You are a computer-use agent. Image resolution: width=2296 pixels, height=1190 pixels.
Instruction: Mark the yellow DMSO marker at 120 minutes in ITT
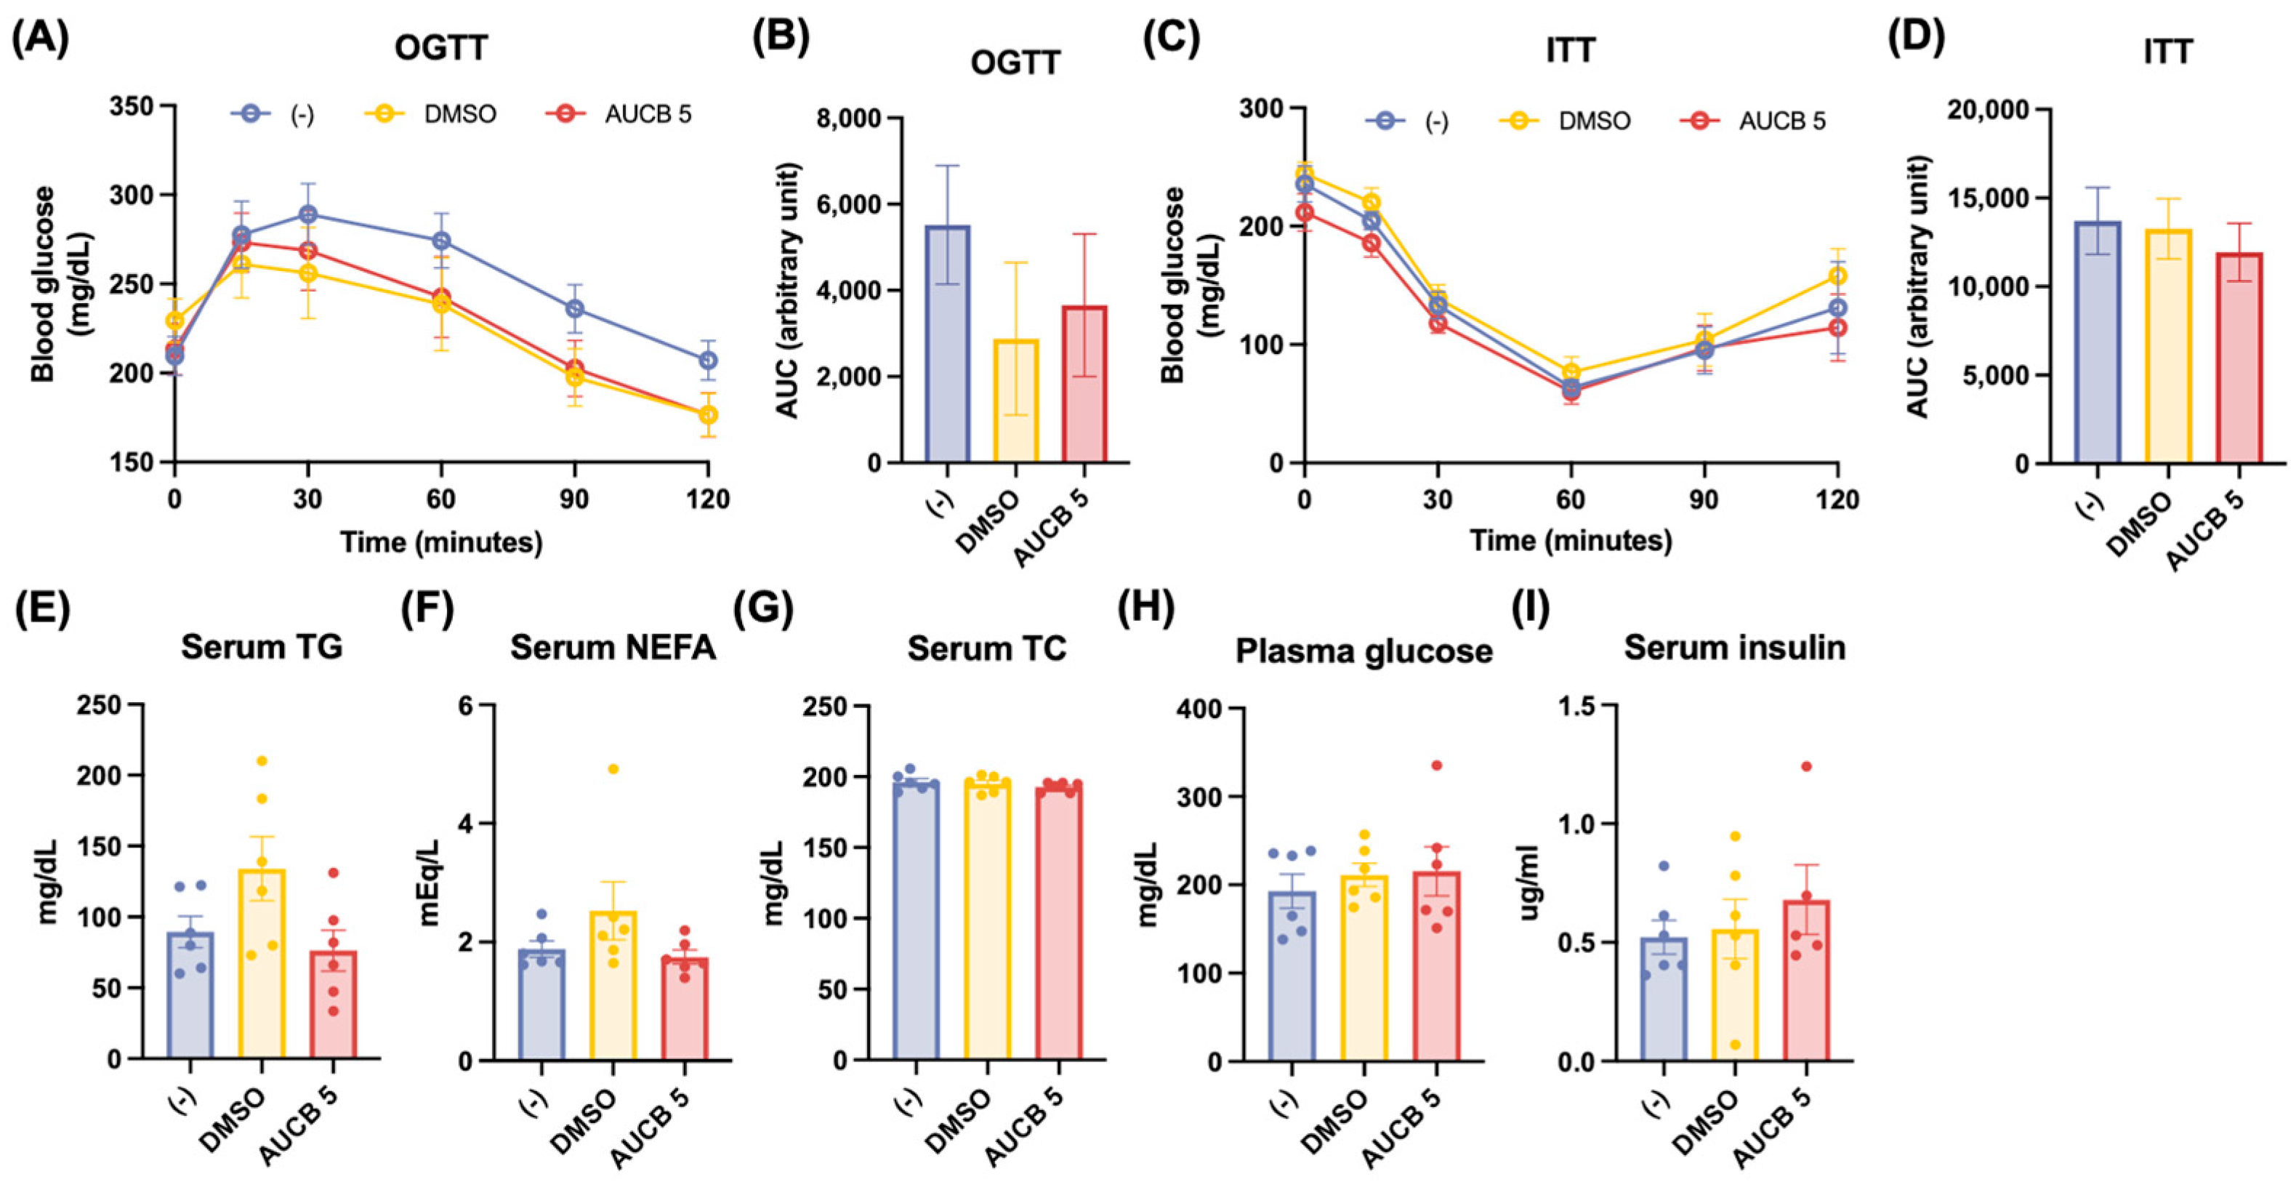coord(1837,276)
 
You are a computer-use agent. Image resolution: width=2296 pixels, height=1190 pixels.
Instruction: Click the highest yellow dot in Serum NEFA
coord(613,768)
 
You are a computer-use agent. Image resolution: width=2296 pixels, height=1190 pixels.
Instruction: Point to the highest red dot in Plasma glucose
coord(1436,765)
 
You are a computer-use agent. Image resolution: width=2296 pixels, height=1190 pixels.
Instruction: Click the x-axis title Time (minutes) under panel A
coord(441,542)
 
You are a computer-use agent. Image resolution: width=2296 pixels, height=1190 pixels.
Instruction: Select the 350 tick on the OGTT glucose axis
coord(130,106)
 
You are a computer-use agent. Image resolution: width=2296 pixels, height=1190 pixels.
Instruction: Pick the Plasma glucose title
coord(1363,651)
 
